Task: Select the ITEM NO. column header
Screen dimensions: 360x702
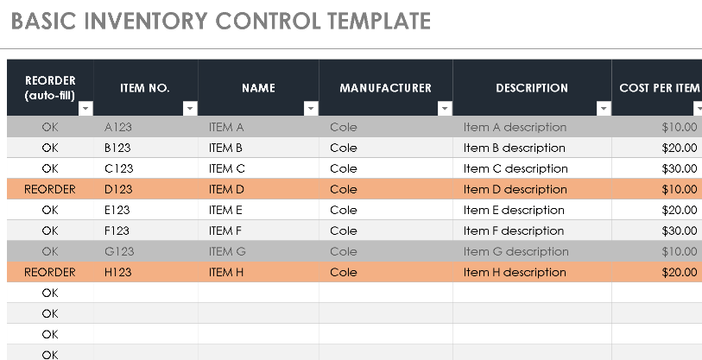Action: (x=145, y=88)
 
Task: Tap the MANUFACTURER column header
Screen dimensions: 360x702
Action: (x=385, y=88)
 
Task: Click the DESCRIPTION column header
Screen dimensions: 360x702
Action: (x=532, y=88)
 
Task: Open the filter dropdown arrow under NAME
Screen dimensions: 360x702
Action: (x=311, y=109)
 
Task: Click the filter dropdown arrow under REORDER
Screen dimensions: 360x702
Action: (x=85, y=109)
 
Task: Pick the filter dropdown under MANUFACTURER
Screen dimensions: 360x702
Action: (x=445, y=109)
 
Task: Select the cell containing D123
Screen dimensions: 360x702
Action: (x=117, y=189)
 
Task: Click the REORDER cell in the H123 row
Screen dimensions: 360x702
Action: (x=50, y=272)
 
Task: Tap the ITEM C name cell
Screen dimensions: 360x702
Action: (x=227, y=168)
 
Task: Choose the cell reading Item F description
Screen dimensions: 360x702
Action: (x=514, y=231)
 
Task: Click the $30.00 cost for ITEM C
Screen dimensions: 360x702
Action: (x=680, y=168)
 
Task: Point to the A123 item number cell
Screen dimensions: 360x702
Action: (x=117, y=127)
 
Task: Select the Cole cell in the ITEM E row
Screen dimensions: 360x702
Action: (x=344, y=210)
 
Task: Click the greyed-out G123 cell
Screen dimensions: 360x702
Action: (x=118, y=251)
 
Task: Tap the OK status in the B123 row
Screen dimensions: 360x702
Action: (x=50, y=148)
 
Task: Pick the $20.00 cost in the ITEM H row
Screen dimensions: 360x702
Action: (x=680, y=272)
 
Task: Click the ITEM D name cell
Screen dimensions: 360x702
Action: (x=227, y=189)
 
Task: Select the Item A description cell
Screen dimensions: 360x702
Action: (x=515, y=127)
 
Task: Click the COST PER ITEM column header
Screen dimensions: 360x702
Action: (x=659, y=88)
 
